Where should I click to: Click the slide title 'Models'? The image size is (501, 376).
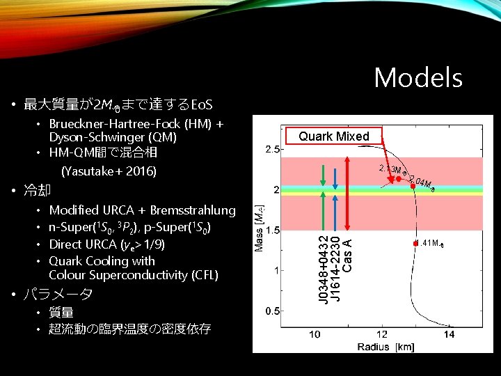pyautogui.click(x=418, y=77)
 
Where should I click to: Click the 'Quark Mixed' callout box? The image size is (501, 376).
pyautogui.click(x=334, y=136)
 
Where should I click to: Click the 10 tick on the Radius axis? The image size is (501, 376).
pyautogui.click(x=315, y=335)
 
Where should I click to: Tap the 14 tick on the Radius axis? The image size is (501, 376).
pyautogui.click(x=450, y=335)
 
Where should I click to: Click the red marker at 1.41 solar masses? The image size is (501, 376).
pyautogui.click(x=415, y=243)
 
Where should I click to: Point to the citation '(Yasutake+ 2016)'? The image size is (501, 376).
pyautogui.click(x=109, y=171)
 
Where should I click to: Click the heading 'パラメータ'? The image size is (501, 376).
pyautogui.click(x=58, y=295)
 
